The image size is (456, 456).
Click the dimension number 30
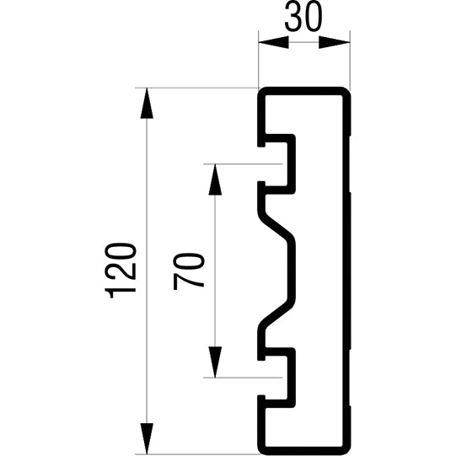[303, 19]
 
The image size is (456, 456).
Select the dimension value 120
[123, 269]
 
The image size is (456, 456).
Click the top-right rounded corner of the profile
[344, 91]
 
